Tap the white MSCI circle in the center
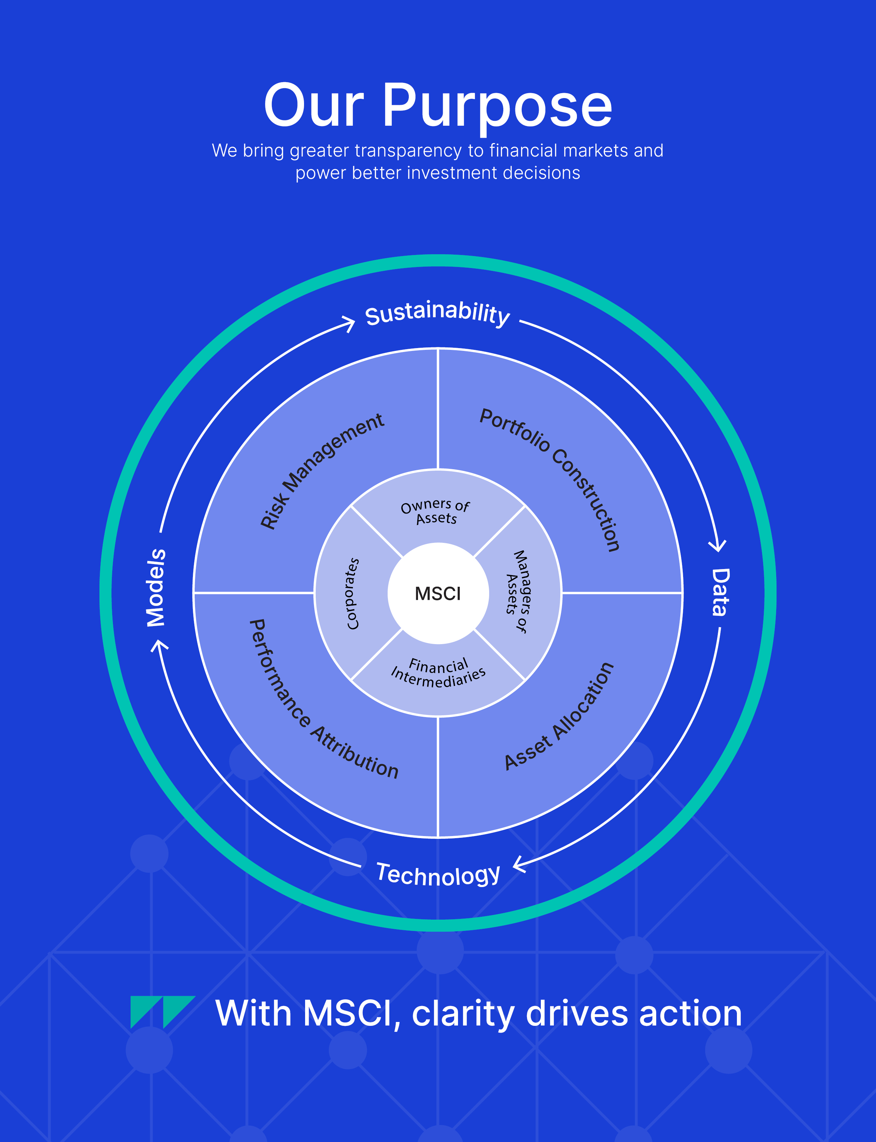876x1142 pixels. point(438,593)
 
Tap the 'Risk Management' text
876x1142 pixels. point(322,471)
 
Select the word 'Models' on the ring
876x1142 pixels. point(156,587)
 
